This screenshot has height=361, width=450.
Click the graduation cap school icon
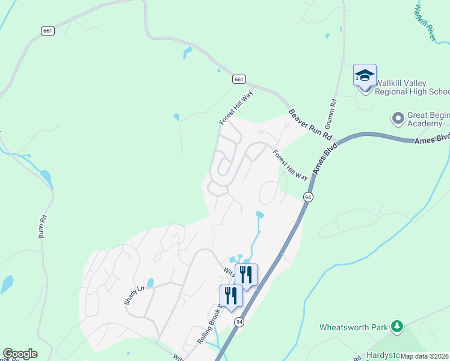point(365,76)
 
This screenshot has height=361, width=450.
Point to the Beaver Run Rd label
point(310,124)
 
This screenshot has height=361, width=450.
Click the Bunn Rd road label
point(42,227)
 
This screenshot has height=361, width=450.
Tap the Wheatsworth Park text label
point(354,328)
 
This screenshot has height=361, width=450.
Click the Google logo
point(20,354)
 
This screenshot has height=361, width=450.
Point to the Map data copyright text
point(425,356)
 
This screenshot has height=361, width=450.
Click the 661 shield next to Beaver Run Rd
point(239,79)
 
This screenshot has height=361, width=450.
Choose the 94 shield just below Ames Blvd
point(308,197)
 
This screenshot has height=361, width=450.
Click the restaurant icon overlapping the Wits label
point(246,274)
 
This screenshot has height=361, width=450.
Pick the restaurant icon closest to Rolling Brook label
point(231,295)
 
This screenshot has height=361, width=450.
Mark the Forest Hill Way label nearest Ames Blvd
point(291,165)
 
